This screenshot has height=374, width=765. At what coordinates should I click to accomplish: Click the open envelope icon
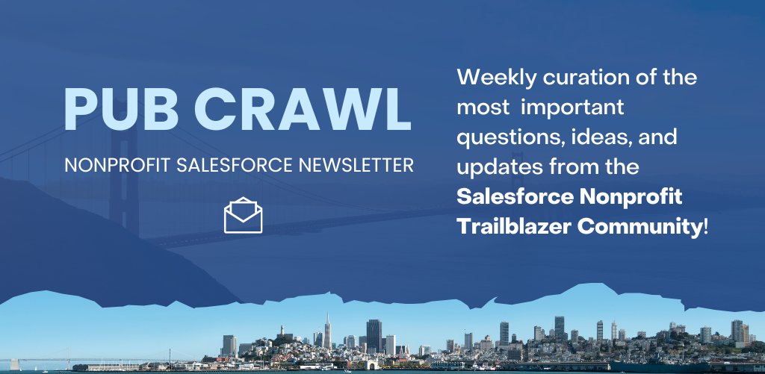(243, 216)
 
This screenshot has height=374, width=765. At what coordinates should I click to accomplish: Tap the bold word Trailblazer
(511, 227)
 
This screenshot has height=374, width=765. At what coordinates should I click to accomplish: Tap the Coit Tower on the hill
(282, 330)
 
